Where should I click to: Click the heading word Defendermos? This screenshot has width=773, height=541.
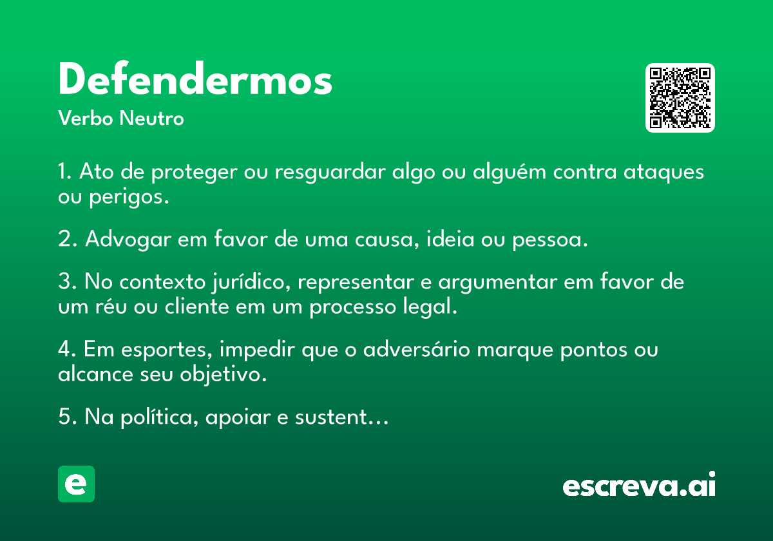[x=195, y=79]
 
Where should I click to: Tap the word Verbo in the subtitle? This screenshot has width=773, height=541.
[x=86, y=118]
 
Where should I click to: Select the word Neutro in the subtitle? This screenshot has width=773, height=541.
[x=151, y=118]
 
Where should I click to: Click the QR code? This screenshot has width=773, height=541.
[x=680, y=98]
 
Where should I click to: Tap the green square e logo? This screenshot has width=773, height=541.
[x=76, y=484]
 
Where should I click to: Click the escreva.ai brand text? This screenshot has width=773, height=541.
[x=639, y=484]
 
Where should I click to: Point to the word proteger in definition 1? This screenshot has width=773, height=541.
[x=195, y=173]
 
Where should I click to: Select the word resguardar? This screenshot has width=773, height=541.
[x=330, y=173]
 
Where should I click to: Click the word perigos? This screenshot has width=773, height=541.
[x=129, y=198]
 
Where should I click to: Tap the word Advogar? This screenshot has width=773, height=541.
[x=128, y=240]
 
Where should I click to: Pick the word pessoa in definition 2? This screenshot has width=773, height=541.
[x=549, y=240]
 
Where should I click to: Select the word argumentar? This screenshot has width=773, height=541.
[x=497, y=283]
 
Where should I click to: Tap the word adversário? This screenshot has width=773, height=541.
[x=417, y=349]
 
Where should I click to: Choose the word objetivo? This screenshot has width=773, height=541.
[x=223, y=374]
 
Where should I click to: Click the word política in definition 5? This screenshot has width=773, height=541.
[x=160, y=417]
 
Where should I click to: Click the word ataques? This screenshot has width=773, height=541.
[x=663, y=173]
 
